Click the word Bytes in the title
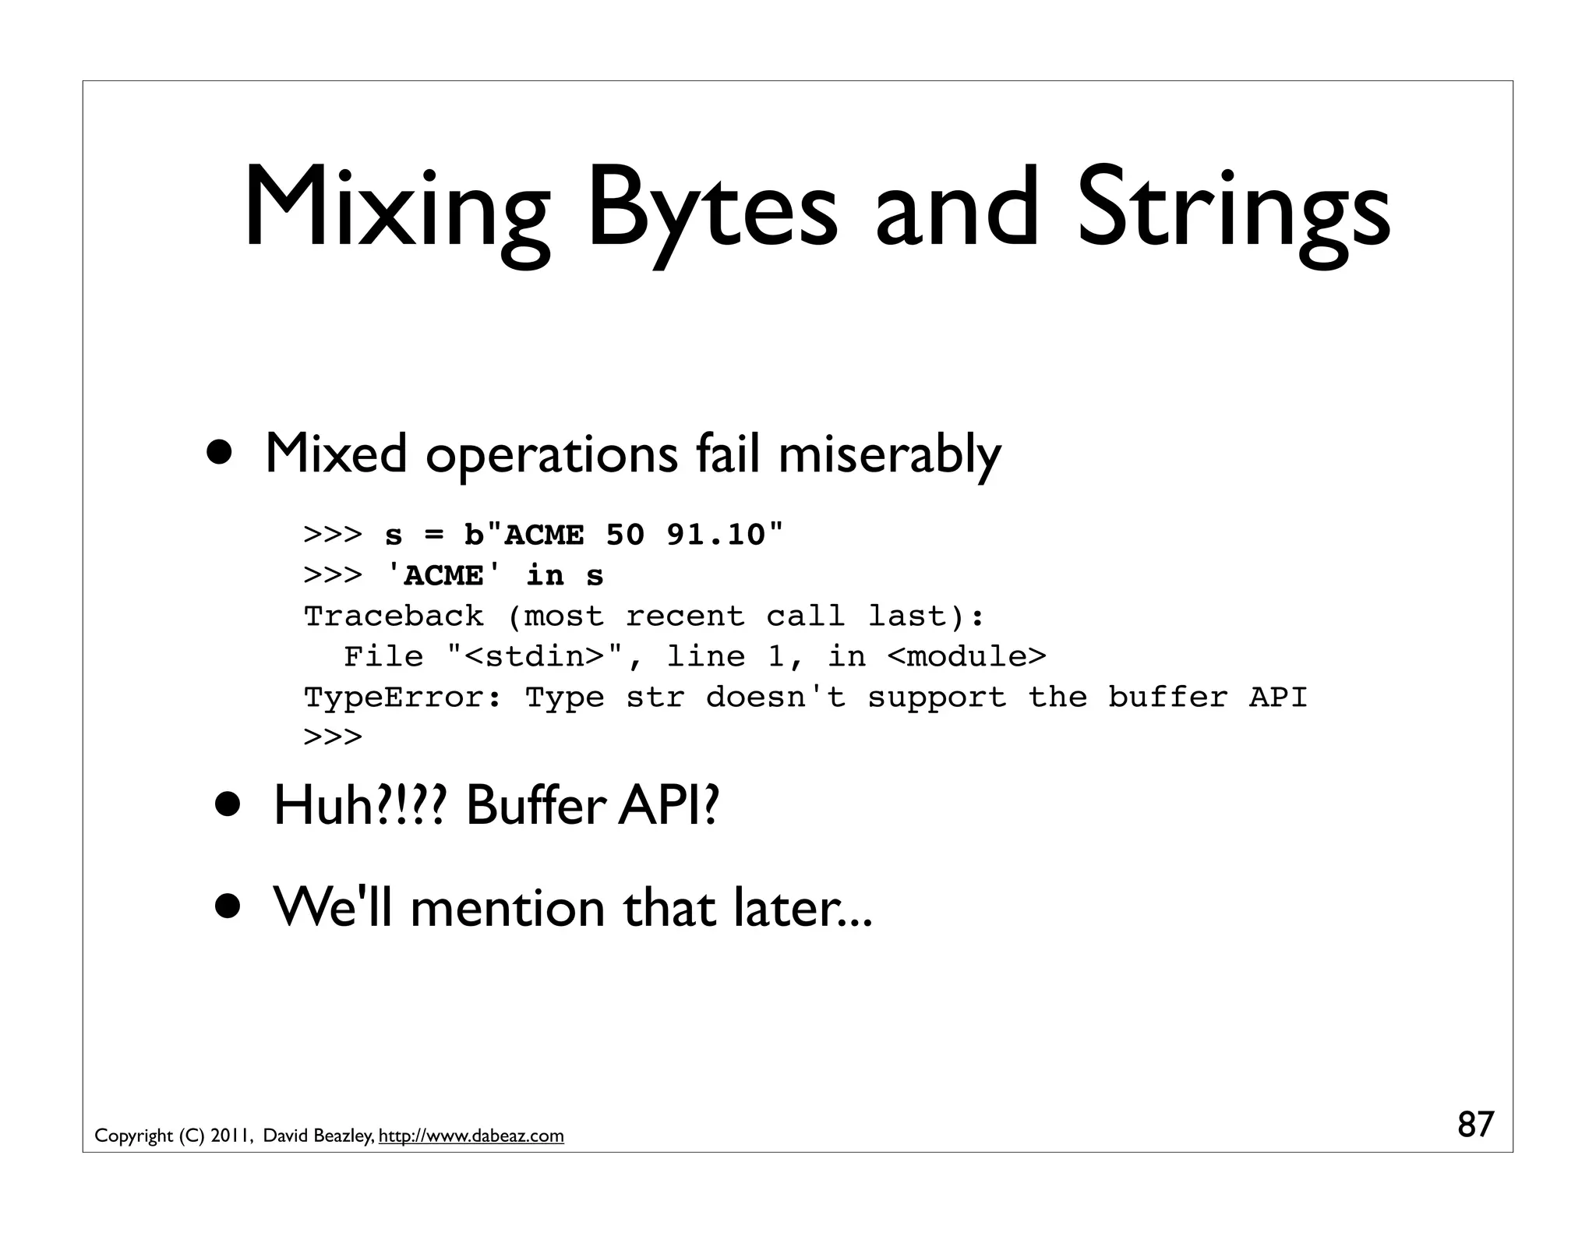711,210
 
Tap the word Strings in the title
1233,210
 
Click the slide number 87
1475,1125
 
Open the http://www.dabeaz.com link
471,1136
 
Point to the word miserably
889,454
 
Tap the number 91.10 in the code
715,535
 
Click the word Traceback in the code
394,616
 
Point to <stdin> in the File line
535,657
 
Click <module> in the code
966,657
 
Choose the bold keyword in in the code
545,576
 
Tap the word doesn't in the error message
775,698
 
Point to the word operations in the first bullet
552,454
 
